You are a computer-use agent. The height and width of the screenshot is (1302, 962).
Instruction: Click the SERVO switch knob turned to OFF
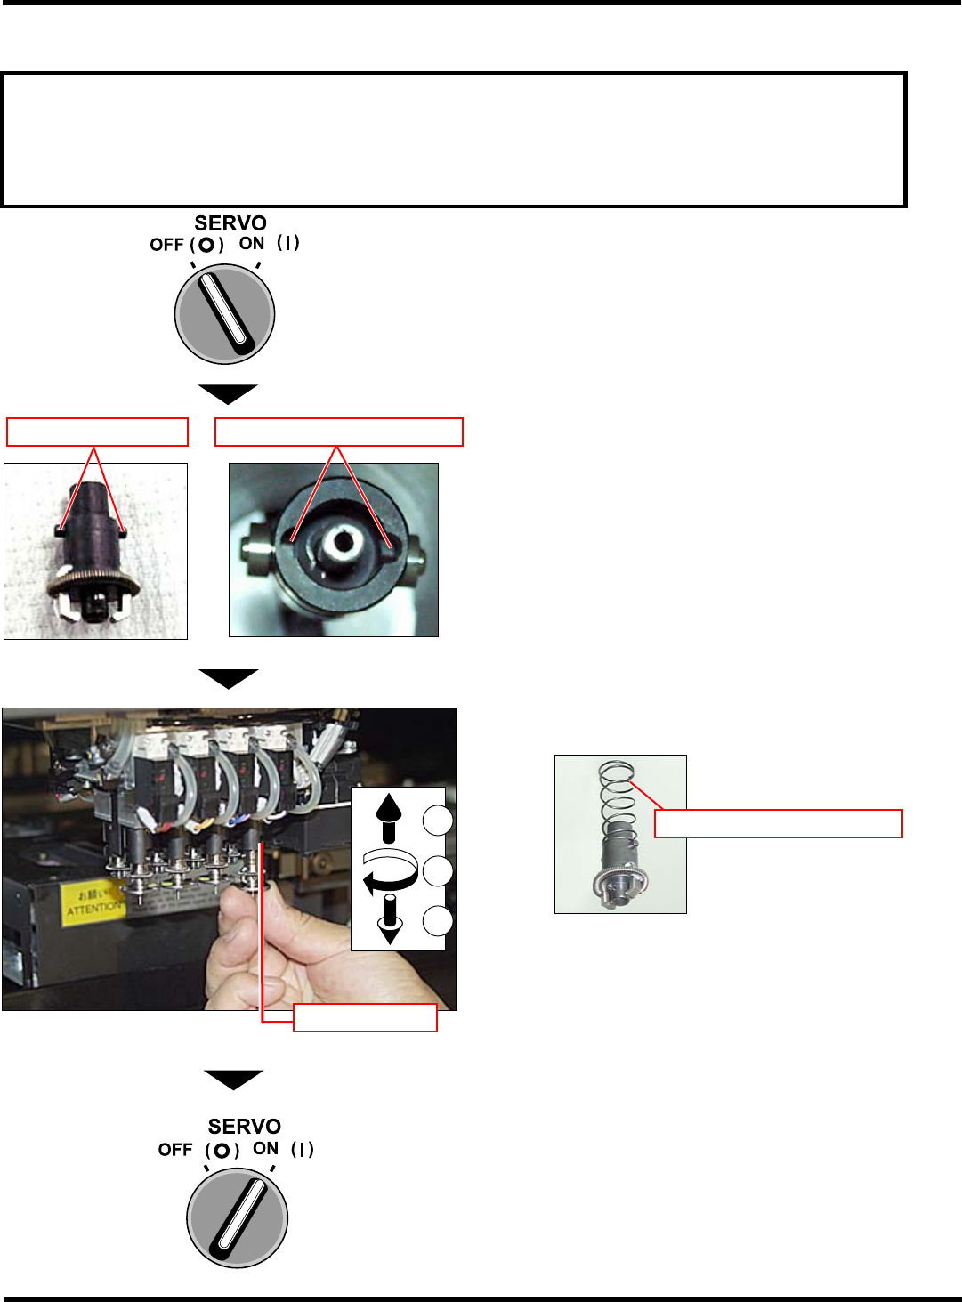(x=224, y=314)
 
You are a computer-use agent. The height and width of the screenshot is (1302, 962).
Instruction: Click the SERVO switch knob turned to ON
(x=237, y=1217)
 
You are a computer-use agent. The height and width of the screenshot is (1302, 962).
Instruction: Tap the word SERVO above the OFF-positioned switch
(x=230, y=222)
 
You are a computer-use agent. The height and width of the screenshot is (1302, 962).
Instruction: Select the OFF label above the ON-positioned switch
(x=175, y=1150)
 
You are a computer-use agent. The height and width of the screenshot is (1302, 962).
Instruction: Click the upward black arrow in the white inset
(x=388, y=818)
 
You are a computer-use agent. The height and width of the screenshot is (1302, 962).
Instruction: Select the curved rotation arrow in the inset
(x=390, y=870)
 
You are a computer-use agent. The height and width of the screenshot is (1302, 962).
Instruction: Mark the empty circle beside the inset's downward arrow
(x=437, y=921)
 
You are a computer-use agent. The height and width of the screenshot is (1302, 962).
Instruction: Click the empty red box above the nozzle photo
(x=98, y=432)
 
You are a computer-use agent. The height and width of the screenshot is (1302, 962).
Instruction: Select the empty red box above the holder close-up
(x=339, y=432)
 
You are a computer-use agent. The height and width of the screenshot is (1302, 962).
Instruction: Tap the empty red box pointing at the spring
(x=779, y=823)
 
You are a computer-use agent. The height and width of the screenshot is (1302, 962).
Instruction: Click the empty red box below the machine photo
(x=365, y=1017)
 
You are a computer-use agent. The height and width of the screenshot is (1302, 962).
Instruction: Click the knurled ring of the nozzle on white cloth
(x=93, y=586)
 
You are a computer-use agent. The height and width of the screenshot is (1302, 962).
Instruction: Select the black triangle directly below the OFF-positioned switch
(x=228, y=393)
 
